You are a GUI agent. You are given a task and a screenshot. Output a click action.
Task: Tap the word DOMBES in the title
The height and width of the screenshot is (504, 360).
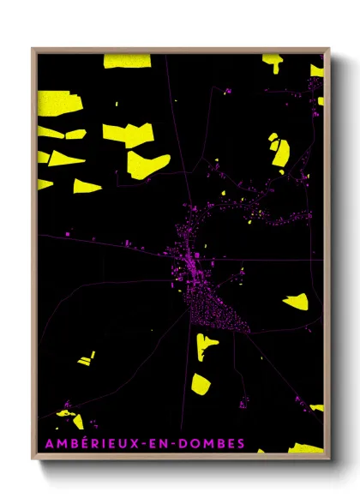tap(210, 442)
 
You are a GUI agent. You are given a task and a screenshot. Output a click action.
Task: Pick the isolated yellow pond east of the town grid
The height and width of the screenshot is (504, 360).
tap(297, 301)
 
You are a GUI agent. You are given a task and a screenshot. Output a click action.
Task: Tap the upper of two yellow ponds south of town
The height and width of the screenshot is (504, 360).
tap(207, 345)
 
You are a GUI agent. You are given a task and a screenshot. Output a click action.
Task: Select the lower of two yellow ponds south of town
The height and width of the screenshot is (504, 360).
tap(201, 383)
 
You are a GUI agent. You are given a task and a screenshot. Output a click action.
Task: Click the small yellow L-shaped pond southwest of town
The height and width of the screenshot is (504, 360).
tap(87, 359)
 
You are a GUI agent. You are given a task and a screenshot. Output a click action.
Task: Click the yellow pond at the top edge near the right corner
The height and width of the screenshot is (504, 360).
tap(272, 61)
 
